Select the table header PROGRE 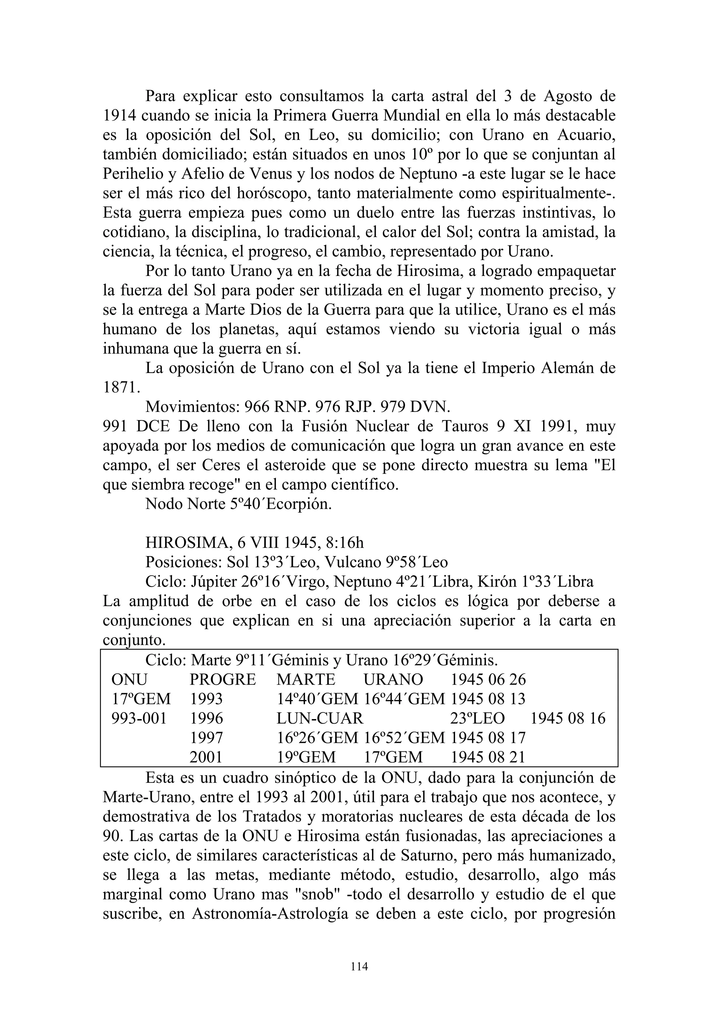pos(223,679)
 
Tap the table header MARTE pos(306,679)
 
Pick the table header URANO pos(393,679)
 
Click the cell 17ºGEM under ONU pos(141,699)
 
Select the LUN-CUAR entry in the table pos(319,718)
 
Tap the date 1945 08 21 pos(488,757)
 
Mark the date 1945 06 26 pos(488,679)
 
